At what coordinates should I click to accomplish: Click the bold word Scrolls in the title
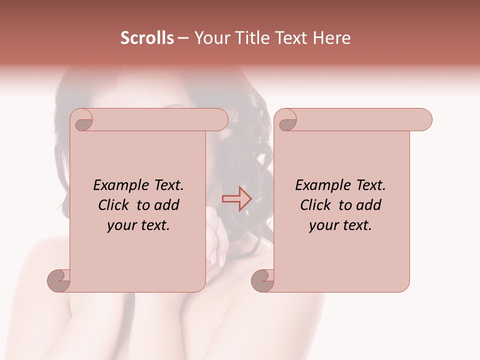click(x=147, y=38)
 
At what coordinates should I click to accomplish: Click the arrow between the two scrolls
click(x=236, y=199)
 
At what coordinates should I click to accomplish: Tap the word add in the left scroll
click(x=167, y=205)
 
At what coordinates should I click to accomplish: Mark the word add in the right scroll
click(x=369, y=205)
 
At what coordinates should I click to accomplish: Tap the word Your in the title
click(x=210, y=38)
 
